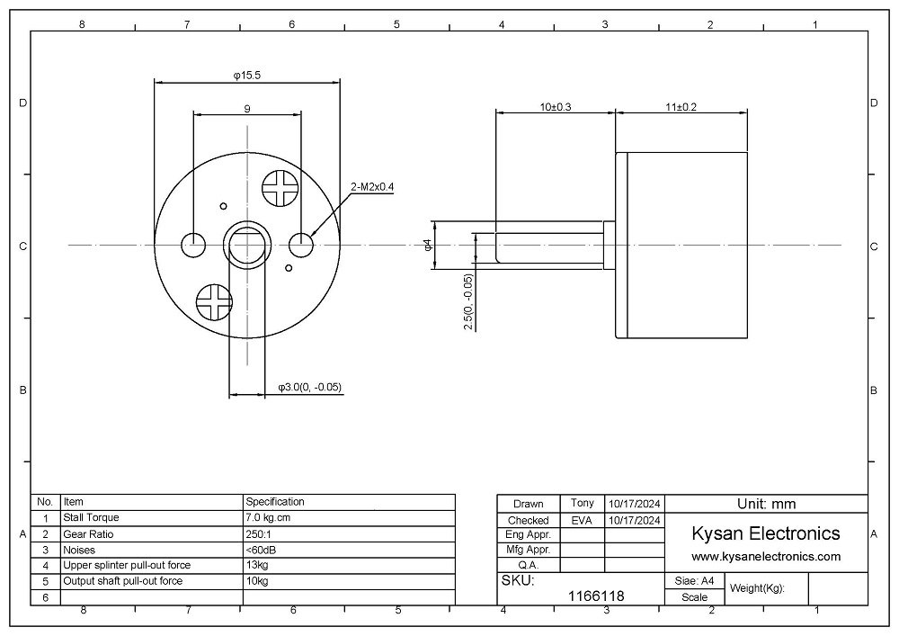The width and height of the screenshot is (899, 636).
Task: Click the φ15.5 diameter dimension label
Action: click(246, 76)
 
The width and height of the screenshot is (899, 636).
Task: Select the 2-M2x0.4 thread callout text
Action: click(372, 187)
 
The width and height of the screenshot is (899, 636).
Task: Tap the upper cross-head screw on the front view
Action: click(279, 188)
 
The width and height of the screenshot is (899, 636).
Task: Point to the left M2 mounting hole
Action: click(193, 244)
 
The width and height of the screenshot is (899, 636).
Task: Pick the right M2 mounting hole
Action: click(302, 244)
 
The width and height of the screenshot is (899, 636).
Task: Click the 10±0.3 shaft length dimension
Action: click(556, 106)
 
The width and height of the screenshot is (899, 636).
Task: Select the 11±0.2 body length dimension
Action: click(681, 106)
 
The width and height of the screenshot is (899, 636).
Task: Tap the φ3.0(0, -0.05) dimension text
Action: click(309, 388)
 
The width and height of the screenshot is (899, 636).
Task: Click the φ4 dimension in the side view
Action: click(428, 244)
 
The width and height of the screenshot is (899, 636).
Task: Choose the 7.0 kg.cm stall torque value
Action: click(268, 518)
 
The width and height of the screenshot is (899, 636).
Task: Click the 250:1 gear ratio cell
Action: click(260, 534)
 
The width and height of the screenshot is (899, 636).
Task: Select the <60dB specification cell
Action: click(261, 550)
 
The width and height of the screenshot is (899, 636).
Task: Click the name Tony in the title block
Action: click(581, 503)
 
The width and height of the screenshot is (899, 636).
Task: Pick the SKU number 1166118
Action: click(597, 596)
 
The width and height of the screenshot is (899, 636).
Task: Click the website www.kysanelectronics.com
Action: click(765, 556)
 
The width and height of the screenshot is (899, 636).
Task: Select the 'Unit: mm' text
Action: click(765, 504)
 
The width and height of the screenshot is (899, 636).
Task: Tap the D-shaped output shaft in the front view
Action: click(247, 244)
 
